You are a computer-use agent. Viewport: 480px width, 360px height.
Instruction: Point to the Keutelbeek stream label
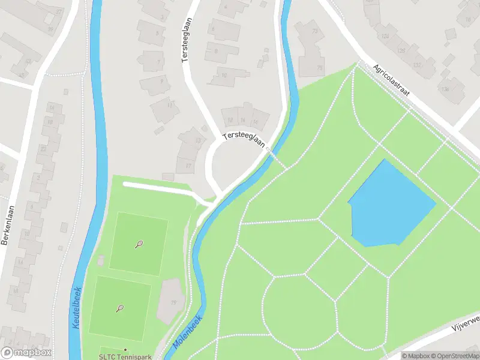[76, 307]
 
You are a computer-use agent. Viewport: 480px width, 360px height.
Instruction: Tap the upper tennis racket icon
[139, 244]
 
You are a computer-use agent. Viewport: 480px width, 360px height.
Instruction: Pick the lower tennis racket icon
[120, 308]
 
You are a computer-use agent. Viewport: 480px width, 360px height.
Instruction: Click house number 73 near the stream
[315, 31]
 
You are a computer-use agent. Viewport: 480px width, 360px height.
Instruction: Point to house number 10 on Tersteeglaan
[224, 75]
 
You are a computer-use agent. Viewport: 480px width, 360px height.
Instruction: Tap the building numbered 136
[445, 89]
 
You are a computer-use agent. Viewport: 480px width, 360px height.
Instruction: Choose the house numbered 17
[188, 165]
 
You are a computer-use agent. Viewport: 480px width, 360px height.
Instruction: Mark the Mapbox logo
[26, 353]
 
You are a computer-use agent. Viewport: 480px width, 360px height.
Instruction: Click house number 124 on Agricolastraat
[385, 37]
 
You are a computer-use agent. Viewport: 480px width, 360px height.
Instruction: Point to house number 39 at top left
[50, 29]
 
